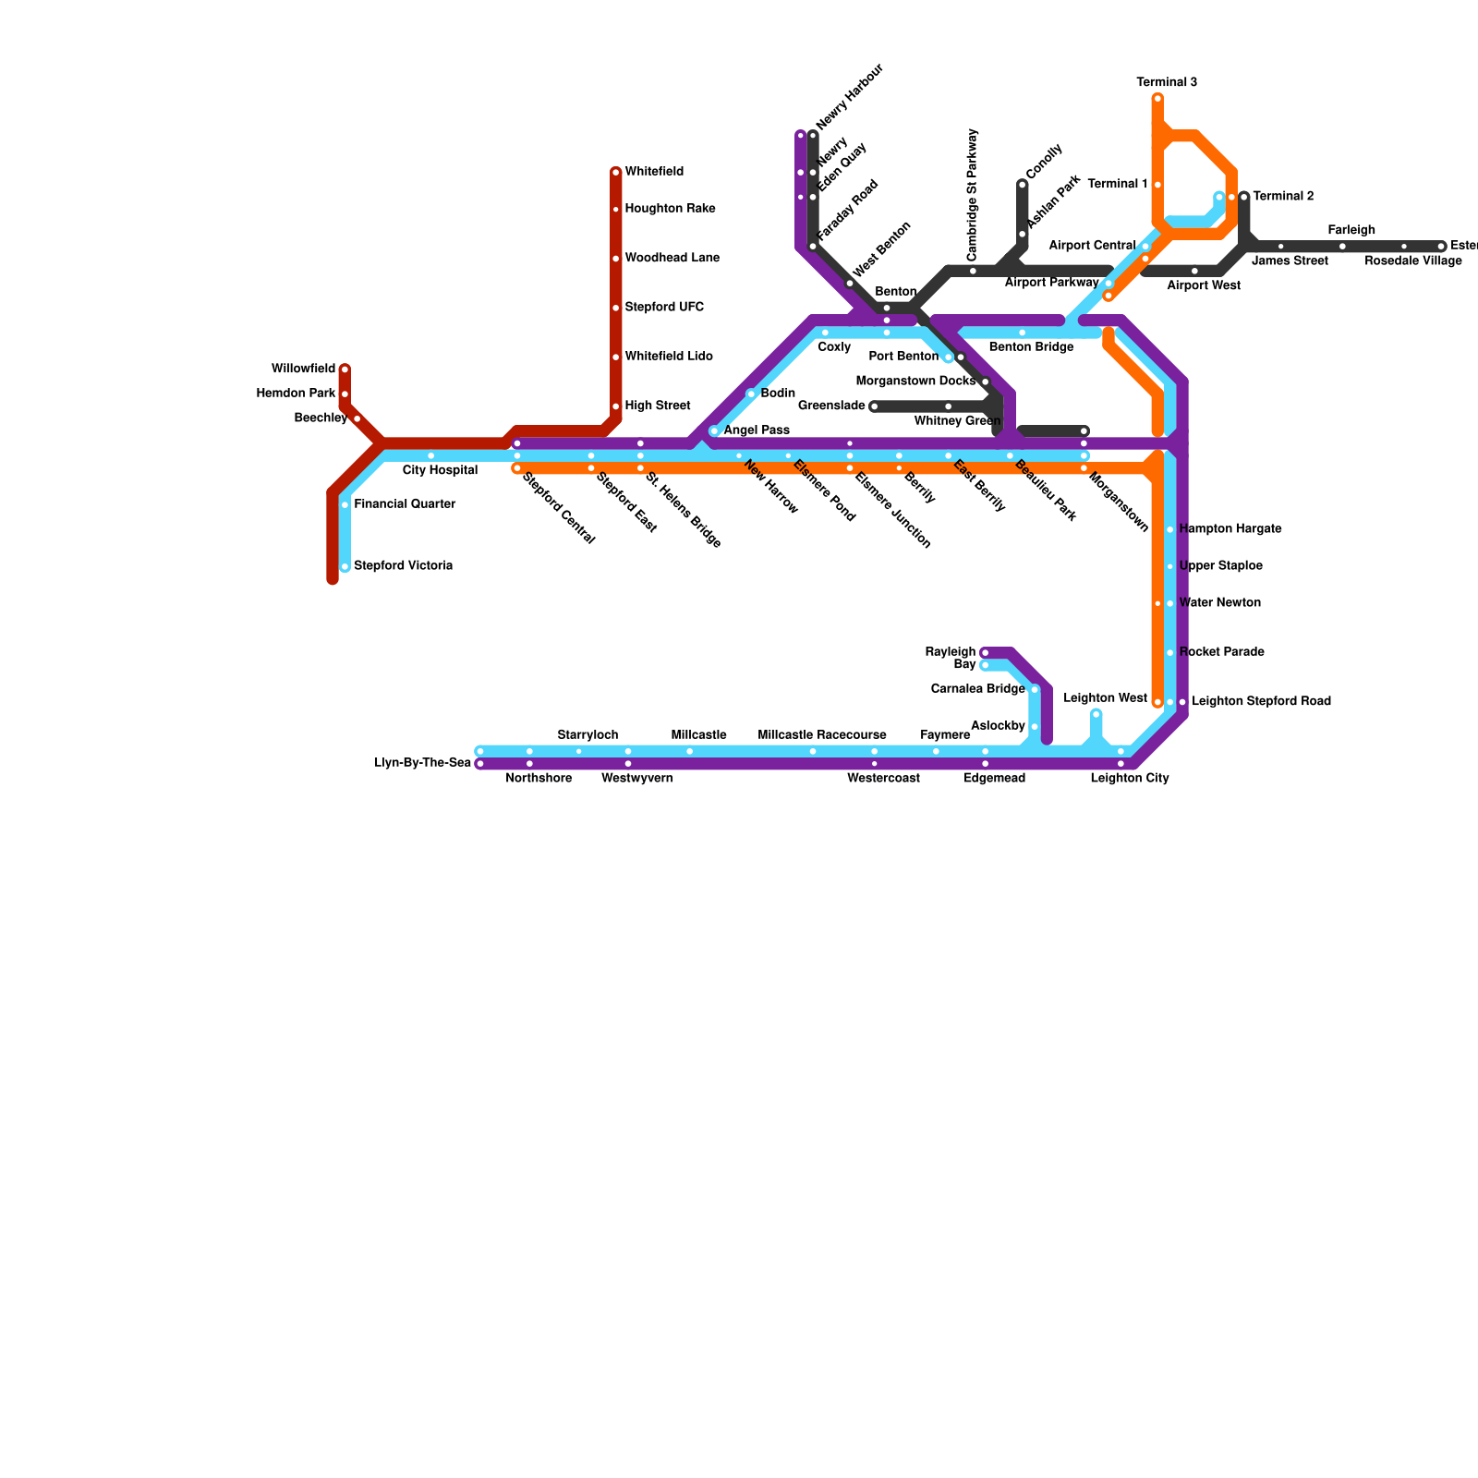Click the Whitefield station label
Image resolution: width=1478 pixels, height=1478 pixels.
(x=654, y=172)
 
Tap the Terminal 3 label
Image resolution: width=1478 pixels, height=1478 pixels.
(x=1167, y=82)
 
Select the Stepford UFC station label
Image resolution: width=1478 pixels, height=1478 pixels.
(x=664, y=307)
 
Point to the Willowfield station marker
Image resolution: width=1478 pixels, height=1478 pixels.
(x=345, y=369)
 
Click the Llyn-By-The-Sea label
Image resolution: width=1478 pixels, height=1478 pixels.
(x=423, y=763)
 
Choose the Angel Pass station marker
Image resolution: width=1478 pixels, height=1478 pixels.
(x=714, y=430)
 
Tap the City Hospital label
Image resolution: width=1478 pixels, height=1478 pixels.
(x=440, y=470)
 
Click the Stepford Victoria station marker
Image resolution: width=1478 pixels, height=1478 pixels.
(x=345, y=566)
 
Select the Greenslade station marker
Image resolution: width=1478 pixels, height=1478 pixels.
(x=874, y=406)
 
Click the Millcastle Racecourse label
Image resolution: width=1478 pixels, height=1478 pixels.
(x=822, y=735)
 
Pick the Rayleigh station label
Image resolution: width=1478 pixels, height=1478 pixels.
(x=951, y=652)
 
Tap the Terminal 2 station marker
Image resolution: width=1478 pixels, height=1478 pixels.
(x=1244, y=197)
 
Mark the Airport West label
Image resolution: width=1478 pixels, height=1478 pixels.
(x=1203, y=285)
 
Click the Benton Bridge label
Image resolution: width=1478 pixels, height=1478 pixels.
(x=1031, y=347)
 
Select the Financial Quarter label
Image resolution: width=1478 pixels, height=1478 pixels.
(x=405, y=504)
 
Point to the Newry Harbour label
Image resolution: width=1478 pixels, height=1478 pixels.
(x=850, y=97)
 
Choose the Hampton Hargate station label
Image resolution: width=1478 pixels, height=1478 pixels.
(x=1230, y=529)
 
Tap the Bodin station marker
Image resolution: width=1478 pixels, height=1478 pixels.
(x=751, y=394)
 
